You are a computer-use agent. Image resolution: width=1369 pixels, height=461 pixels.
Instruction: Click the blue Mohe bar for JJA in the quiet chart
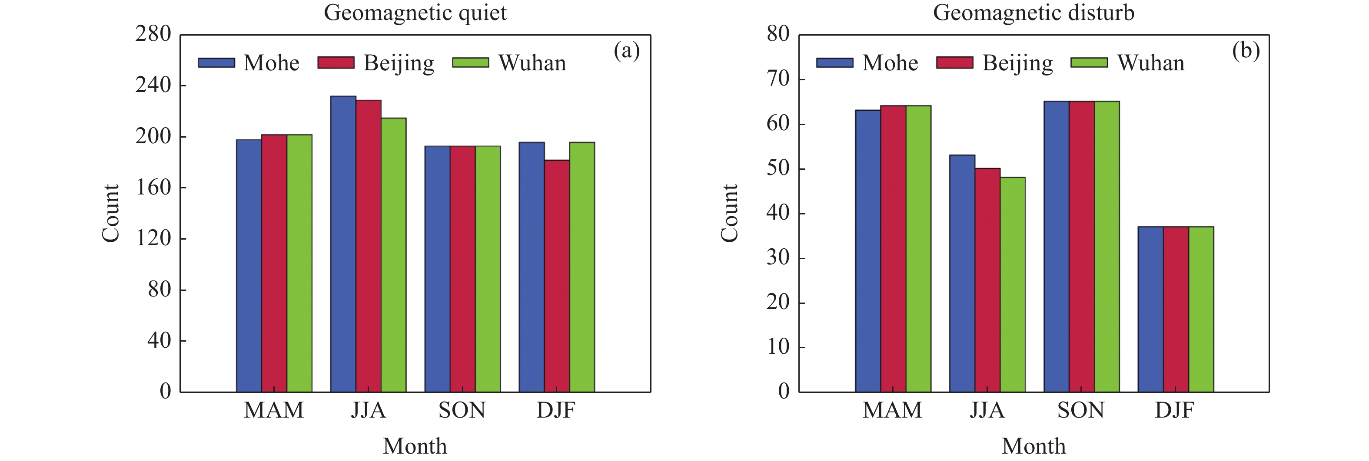[x=343, y=244]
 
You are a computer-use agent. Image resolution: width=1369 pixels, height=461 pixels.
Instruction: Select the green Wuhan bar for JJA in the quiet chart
[x=394, y=255]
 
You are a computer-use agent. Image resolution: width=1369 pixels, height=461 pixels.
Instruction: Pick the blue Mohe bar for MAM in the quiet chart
[x=249, y=266]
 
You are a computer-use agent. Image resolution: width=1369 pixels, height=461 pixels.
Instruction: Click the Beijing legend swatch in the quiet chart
[x=336, y=63]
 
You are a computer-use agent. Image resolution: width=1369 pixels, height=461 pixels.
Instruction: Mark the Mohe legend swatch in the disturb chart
[x=834, y=63]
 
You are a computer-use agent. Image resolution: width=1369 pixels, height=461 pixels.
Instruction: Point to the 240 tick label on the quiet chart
[x=153, y=85]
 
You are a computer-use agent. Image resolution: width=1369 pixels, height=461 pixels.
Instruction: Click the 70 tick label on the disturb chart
[x=778, y=79]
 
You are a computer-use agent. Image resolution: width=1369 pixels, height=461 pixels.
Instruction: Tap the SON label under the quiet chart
[x=462, y=411]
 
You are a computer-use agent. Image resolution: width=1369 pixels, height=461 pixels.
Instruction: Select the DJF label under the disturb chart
[x=1174, y=411]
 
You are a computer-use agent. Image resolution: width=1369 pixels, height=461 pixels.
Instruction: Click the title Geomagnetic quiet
[x=415, y=13]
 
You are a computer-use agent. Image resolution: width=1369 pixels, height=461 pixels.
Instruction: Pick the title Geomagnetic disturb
[x=1033, y=13]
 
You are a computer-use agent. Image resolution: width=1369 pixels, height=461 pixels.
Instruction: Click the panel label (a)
[x=627, y=51]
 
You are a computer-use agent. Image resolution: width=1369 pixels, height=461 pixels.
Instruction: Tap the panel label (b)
[x=1246, y=51]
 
